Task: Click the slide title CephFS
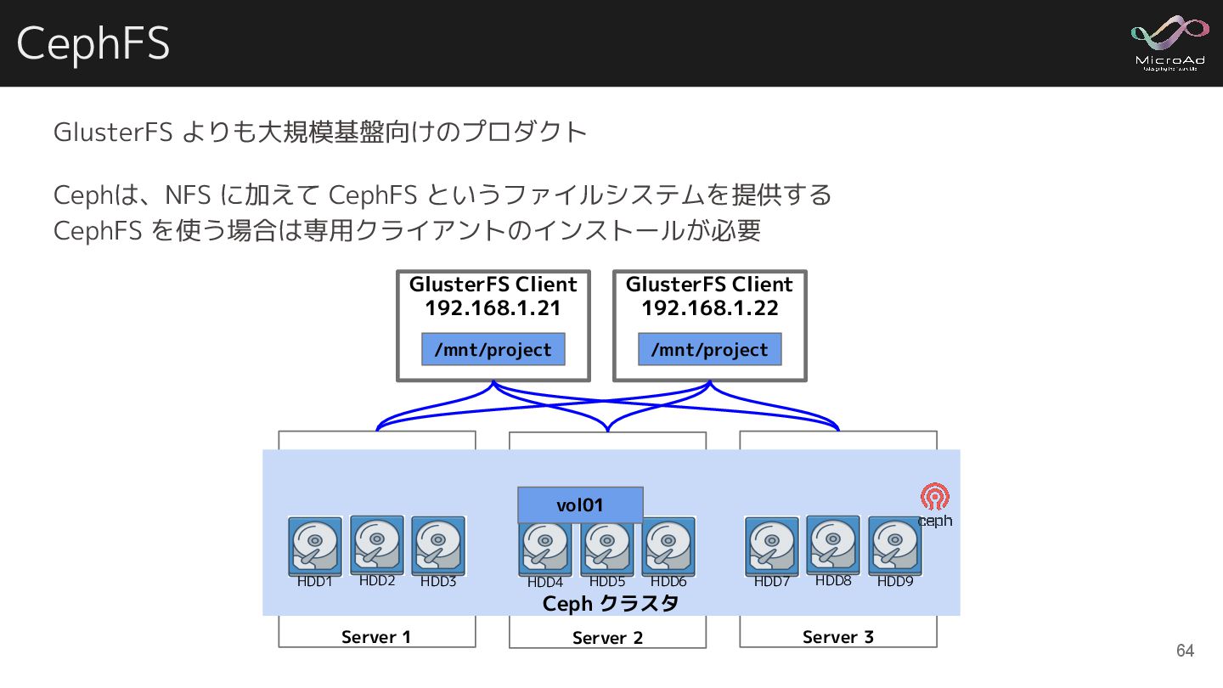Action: click(93, 43)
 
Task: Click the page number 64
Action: click(1185, 651)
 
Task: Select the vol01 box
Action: click(580, 505)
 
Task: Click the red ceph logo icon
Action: click(934, 496)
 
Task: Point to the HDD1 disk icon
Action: click(315, 546)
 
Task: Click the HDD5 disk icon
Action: click(607, 546)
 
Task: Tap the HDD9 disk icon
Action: click(894, 546)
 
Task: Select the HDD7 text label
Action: click(772, 583)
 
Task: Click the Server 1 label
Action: click(376, 637)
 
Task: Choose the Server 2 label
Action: click(607, 638)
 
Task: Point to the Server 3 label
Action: click(837, 637)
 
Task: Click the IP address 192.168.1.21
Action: click(493, 308)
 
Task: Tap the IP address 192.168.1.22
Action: click(709, 308)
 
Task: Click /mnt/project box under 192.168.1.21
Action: click(493, 350)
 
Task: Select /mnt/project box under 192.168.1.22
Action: click(709, 350)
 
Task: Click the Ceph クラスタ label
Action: click(611, 604)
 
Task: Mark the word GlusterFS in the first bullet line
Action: click(114, 133)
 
